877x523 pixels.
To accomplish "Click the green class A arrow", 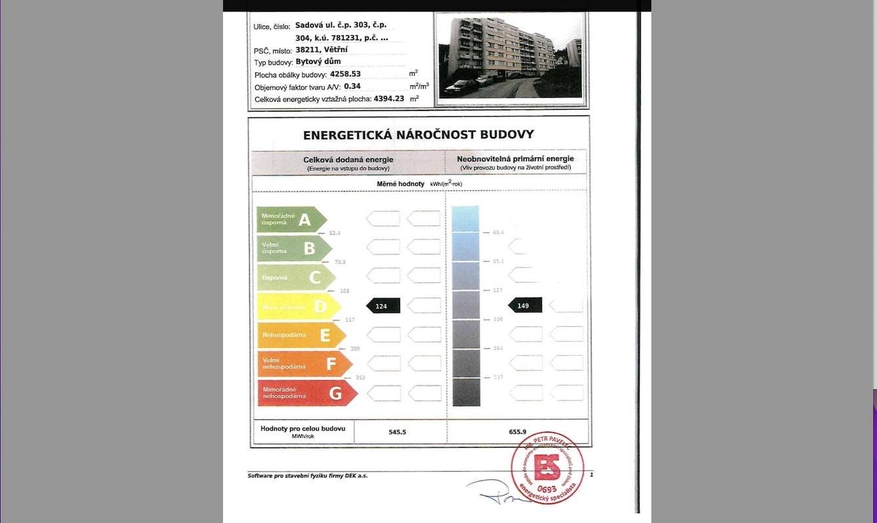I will pos(291,220).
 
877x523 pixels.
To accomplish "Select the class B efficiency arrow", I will pos(294,248).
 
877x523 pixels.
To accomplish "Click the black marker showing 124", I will pos(382,306).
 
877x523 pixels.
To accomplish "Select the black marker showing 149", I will pos(525,305).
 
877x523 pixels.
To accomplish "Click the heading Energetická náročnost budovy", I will pos(418,135).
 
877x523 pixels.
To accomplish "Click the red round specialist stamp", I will pos(547,468).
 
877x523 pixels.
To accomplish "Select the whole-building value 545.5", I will pos(398,432).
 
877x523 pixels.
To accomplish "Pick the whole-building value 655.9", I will pos(518,432).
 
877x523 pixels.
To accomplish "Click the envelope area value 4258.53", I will pos(345,73).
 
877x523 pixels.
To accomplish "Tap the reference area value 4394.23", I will pos(389,98).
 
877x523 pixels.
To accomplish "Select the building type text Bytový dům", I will pos(318,61).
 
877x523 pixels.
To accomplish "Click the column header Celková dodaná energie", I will pos(348,159).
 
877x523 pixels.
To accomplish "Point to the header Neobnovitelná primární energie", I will pos(515,159).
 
